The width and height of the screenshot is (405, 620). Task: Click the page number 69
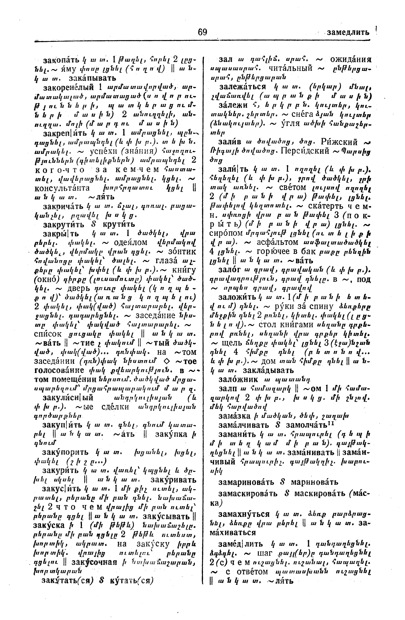[x=202, y=32]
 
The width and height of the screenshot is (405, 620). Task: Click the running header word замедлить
[x=348, y=33]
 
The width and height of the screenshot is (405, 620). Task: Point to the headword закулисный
[x=68, y=398]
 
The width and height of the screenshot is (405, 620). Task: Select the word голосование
[x=59, y=370]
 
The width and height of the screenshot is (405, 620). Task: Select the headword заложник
[x=238, y=379]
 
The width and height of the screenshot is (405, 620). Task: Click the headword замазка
[x=235, y=416]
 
